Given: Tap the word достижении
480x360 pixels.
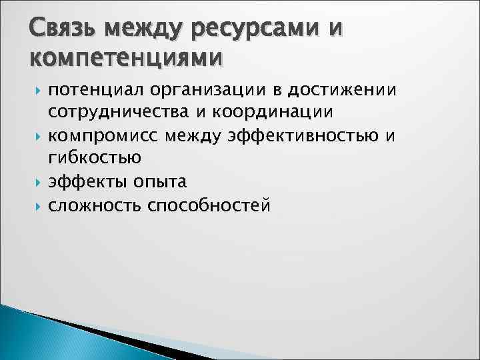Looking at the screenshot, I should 341,90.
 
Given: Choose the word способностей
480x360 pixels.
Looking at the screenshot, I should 209,205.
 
